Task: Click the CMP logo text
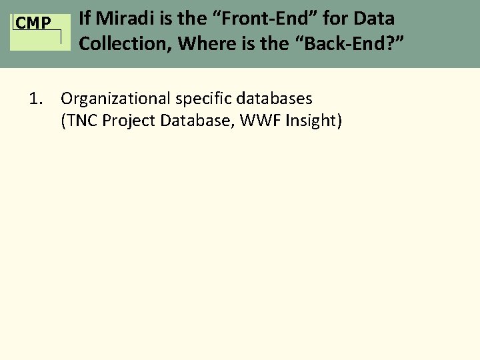coord(33,23)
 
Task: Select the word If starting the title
coord(85,19)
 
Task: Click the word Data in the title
coord(375,19)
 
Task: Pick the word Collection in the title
coord(125,44)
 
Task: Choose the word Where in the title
coord(205,44)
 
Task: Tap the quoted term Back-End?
coord(347,44)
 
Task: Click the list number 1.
coord(36,99)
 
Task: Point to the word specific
coord(200,99)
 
